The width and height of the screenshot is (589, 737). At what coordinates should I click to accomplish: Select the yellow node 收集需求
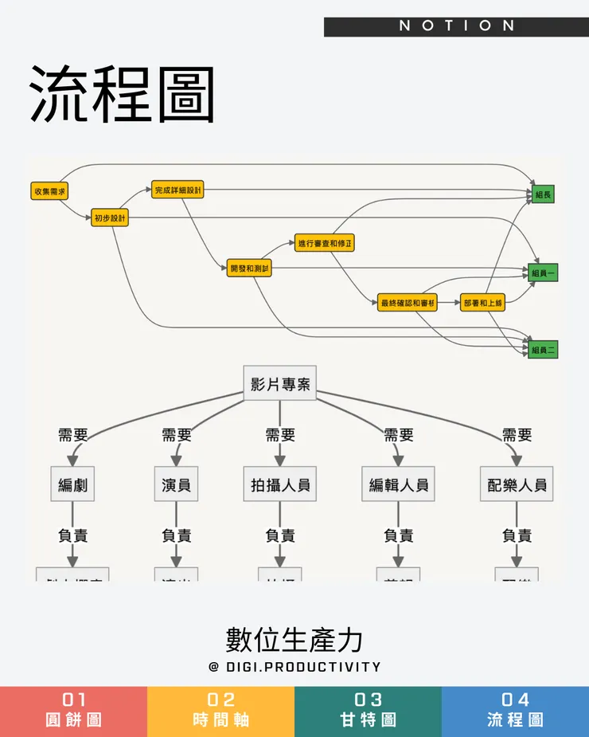coord(49,191)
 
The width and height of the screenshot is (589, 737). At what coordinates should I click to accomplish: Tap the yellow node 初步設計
coord(110,218)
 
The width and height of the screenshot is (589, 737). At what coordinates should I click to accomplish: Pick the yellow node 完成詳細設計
coord(178,190)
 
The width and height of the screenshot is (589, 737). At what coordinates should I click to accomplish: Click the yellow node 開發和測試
coord(249,269)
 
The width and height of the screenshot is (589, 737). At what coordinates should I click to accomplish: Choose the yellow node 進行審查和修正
coord(324,243)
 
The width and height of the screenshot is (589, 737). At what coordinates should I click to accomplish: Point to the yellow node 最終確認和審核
coord(408,303)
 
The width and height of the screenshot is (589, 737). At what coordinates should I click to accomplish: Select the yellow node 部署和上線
coord(483,303)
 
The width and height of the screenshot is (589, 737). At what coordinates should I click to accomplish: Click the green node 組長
coord(543,194)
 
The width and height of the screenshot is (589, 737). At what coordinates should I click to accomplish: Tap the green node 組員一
coord(543,272)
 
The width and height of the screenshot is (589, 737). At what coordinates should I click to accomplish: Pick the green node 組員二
coord(543,349)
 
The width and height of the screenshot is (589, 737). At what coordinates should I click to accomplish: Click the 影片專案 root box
coord(279,384)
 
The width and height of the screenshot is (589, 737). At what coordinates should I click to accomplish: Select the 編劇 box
coord(72,484)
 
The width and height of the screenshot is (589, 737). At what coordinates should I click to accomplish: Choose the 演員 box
coord(176,484)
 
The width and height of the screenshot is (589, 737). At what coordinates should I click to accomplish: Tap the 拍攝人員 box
coord(279,484)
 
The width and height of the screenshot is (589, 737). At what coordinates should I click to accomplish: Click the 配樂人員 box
coord(517,484)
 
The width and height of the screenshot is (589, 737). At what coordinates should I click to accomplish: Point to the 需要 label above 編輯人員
coord(398,435)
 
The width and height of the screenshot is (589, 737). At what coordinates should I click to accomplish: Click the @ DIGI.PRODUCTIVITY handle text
coord(294,667)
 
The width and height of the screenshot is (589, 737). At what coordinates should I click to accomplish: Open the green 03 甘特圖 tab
coord(368,710)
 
